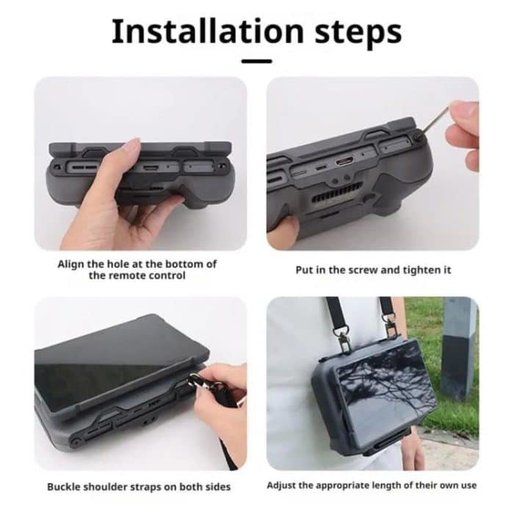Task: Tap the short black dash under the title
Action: pyautogui.click(x=256, y=61)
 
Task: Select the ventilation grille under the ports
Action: pyautogui.click(x=345, y=195)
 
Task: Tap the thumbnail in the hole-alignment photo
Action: pyautogui.click(x=132, y=145)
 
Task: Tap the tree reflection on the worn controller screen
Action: pyautogui.click(x=374, y=382)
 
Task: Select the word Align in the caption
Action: pyautogui.click(x=72, y=264)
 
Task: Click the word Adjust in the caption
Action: pyautogui.click(x=283, y=485)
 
